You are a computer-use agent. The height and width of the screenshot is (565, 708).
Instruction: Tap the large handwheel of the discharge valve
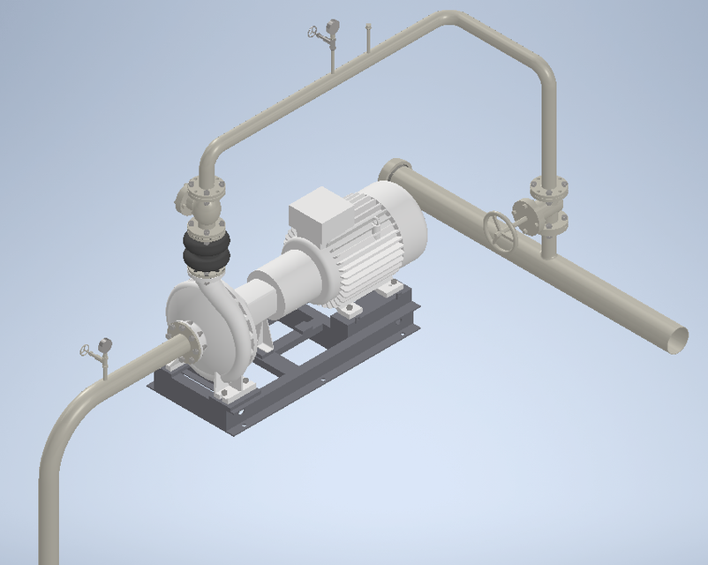501,231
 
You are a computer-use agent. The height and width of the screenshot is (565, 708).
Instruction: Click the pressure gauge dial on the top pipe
332,27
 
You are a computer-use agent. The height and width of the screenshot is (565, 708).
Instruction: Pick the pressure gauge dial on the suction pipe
105,344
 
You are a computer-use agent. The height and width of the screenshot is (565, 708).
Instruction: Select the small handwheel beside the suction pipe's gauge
87,352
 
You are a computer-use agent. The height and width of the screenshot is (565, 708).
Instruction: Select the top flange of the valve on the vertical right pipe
548,187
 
